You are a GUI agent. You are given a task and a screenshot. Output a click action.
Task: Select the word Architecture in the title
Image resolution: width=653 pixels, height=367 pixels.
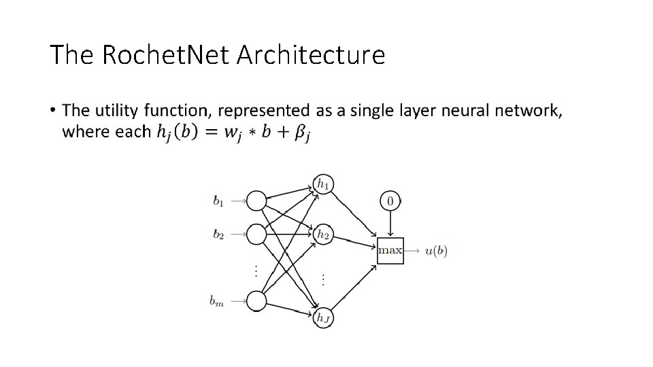(x=310, y=55)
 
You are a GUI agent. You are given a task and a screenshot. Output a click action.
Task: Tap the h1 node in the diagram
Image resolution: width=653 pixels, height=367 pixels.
(x=323, y=184)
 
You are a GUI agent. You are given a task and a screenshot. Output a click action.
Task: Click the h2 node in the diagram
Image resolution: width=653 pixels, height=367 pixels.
(x=323, y=234)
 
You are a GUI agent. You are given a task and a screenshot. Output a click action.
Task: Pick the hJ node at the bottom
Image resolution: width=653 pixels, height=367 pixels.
(x=324, y=317)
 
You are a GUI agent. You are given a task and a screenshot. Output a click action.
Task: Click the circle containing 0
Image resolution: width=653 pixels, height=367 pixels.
(x=390, y=200)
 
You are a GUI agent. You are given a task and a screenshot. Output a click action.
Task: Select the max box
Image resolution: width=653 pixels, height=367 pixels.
(x=390, y=250)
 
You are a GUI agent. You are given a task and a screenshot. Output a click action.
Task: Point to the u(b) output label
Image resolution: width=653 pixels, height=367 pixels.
(x=436, y=251)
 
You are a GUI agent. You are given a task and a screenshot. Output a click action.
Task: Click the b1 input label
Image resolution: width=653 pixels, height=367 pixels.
(x=218, y=200)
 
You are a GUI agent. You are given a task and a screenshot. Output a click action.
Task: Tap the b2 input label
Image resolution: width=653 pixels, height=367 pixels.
(x=218, y=234)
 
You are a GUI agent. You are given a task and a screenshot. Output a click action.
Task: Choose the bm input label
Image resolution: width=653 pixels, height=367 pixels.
(x=217, y=300)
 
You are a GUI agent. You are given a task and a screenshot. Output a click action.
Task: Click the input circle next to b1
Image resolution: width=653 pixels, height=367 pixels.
(x=256, y=200)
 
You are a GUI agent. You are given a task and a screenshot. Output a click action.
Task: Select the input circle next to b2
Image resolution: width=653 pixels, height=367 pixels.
(x=256, y=234)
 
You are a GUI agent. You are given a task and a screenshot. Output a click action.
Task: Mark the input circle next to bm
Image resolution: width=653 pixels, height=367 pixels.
(x=256, y=300)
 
